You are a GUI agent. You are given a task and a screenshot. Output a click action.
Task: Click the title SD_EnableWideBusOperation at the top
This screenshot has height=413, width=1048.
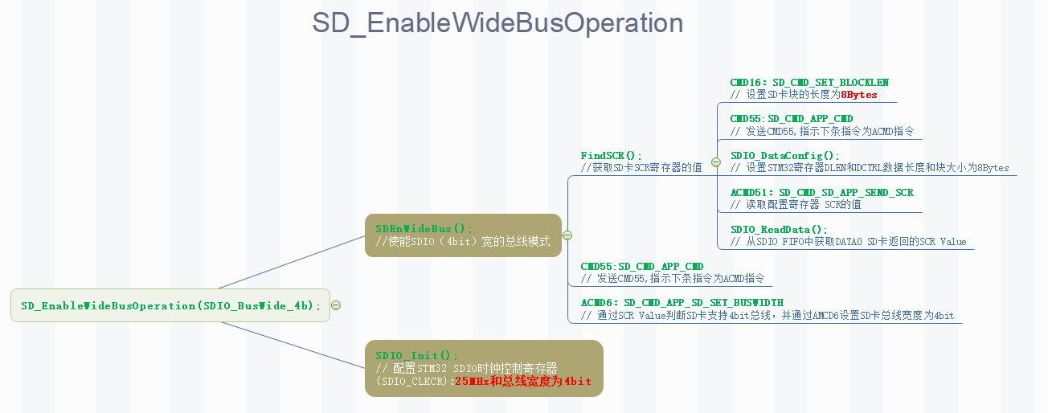[x=497, y=23]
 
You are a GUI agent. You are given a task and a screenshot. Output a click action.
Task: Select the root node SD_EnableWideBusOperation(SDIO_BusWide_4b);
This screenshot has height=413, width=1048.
[x=170, y=305]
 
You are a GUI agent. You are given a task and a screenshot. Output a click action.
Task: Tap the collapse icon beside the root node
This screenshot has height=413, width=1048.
[x=336, y=305]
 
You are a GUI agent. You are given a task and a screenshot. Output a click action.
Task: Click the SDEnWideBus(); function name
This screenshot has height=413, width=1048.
[x=424, y=229]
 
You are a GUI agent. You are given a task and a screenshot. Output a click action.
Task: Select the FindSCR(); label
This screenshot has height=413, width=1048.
[x=612, y=155]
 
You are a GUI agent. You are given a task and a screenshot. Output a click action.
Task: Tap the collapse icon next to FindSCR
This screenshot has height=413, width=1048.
[x=714, y=162]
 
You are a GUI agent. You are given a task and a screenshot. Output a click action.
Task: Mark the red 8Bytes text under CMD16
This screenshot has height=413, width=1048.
[x=859, y=95]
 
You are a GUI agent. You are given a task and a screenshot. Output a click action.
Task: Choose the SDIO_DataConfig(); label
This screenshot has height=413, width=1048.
[x=784, y=156]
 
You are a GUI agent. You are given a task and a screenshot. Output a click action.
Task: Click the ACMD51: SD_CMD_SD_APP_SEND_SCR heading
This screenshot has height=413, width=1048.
[x=821, y=193]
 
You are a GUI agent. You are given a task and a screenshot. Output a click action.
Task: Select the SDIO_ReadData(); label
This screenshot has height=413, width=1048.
[x=778, y=230]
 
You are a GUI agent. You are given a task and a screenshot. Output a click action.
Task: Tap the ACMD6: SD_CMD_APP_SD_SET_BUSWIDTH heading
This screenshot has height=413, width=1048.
[x=682, y=303]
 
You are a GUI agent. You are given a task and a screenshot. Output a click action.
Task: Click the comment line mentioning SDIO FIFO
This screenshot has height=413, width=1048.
[x=848, y=242]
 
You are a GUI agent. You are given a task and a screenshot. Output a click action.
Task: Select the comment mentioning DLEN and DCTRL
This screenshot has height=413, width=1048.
[x=870, y=168]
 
